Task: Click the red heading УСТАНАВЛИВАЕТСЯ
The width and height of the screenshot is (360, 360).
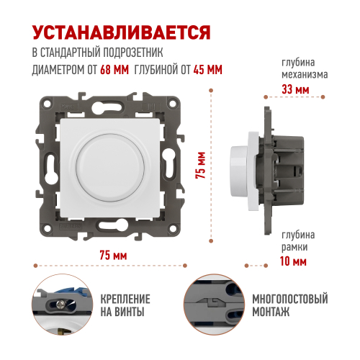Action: [122, 32]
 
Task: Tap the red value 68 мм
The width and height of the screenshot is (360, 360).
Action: [114, 70]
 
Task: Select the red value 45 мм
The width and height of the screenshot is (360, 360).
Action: [208, 70]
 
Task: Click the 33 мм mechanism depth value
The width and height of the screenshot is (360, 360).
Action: [295, 89]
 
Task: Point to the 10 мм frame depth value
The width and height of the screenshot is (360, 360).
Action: [293, 261]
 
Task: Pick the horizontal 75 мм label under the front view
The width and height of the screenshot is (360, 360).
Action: [113, 255]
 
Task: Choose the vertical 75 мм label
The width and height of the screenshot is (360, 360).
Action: [201, 165]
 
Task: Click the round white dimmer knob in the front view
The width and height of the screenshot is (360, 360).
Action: [110, 168]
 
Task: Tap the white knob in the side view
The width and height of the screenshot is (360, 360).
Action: [238, 171]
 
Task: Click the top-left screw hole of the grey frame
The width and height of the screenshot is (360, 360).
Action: [47, 104]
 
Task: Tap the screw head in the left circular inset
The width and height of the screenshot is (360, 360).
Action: [60, 305]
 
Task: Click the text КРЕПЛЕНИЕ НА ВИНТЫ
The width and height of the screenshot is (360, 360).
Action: [125, 305]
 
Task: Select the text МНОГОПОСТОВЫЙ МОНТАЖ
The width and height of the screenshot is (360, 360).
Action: [290, 305]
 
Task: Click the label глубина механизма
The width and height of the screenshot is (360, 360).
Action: [305, 68]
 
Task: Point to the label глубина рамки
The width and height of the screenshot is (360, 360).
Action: [298, 240]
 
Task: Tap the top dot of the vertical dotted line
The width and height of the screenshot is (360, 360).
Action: [211, 91]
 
